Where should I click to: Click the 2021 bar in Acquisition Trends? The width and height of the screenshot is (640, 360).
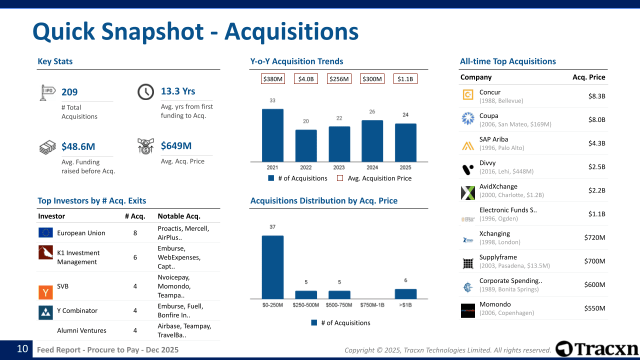click(272, 135)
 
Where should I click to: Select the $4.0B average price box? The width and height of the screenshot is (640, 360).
click(305, 79)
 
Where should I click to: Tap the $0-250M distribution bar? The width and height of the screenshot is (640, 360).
click(272, 267)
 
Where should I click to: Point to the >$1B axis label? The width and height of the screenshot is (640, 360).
click(405, 305)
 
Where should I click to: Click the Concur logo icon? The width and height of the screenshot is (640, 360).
click(468, 95)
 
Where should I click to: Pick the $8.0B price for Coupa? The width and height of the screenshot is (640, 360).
click(596, 119)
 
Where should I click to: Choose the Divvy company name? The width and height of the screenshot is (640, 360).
click(487, 163)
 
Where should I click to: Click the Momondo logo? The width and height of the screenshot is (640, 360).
click(468, 310)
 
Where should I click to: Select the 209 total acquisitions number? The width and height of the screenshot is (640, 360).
click(69, 92)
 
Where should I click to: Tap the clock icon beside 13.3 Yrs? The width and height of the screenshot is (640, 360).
click(145, 91)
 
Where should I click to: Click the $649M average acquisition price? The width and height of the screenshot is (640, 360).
click(176, 146)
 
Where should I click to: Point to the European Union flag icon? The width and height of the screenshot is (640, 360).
click(45, 232)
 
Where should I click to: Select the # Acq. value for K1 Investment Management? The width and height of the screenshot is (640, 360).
click(135, 257)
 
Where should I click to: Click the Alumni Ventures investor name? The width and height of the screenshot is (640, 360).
click(81, 330)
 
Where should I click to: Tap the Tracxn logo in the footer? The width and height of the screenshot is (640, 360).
click(597, 349)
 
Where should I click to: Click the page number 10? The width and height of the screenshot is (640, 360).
click(22, 349)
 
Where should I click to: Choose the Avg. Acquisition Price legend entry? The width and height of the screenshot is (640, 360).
click(374, 178)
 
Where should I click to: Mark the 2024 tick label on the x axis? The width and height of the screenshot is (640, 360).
click(372, 167)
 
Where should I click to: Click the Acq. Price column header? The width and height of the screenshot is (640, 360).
click(588, 77)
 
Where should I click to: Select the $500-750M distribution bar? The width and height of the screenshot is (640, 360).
click(339, 294)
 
